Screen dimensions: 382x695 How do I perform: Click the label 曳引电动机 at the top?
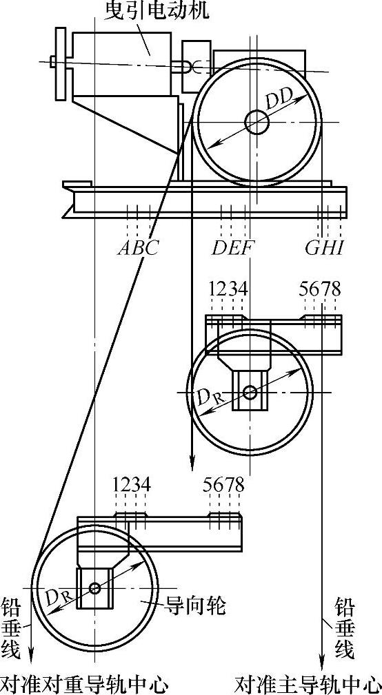(157, 10)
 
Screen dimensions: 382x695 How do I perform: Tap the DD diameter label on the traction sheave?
(279, 100)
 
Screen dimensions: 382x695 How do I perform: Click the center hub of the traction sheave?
(257, 122)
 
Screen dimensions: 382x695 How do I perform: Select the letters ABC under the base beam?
(137, 248)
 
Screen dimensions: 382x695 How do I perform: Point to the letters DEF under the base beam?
(232, 248)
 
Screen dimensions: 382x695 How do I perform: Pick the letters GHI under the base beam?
(324, 248)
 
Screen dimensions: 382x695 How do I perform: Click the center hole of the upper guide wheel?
(250, 392)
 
